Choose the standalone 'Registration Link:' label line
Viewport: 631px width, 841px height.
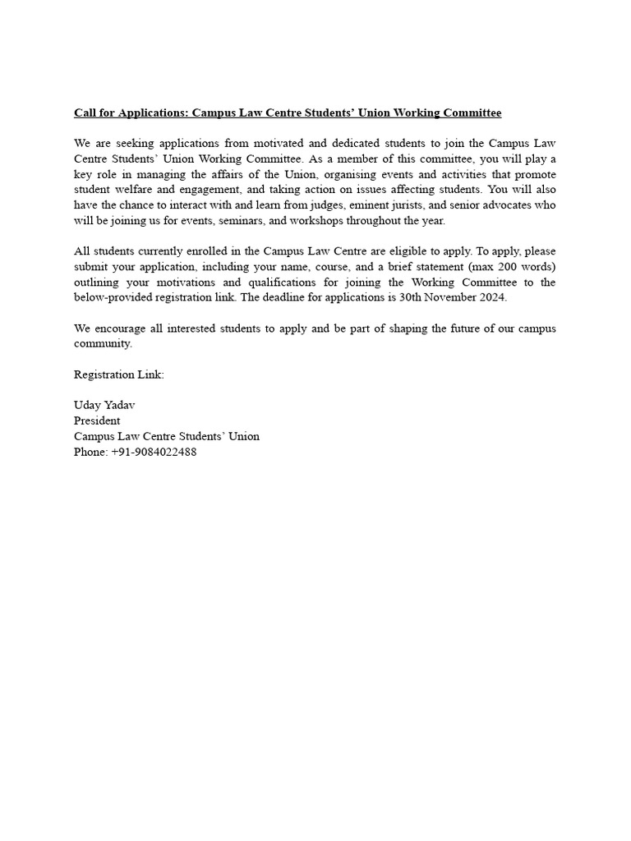119,375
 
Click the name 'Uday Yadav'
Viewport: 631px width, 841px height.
104,406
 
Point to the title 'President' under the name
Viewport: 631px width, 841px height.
97,420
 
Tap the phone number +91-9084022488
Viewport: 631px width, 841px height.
154,452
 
